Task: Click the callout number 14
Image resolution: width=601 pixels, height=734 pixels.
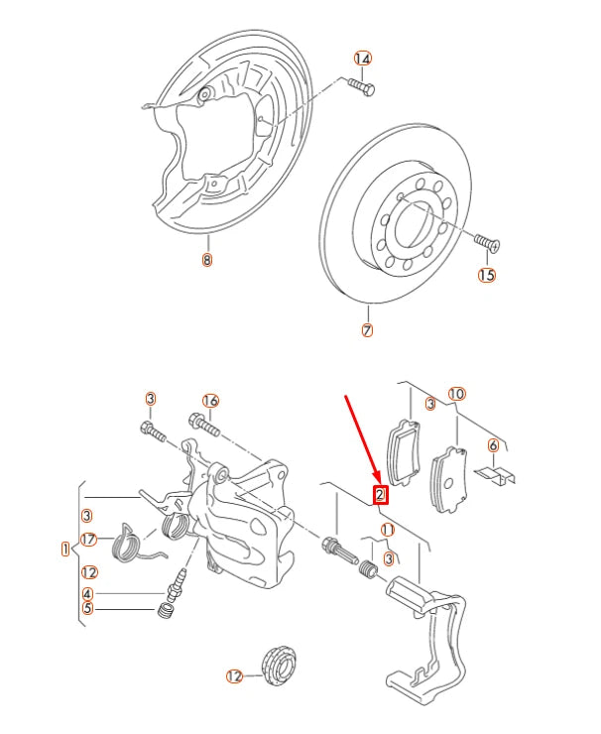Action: click(x=363, y=60)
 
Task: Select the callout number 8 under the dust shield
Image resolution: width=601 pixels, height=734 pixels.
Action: click(x=206, y=261)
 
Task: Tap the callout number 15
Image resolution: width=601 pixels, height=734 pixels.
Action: click(x=486, y=275)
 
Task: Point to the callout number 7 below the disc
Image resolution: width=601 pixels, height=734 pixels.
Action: click(x=367, y=330)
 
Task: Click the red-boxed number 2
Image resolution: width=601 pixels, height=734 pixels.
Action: click(x=380, y=495)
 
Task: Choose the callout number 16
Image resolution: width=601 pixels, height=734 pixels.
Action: click(x=209, y=400)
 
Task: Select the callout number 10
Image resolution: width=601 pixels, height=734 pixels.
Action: click(x=456, y=393)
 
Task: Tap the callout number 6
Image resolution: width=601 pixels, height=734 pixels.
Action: click(x=493, y=446)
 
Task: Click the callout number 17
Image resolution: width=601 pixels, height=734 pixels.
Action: click(x=89, y=540)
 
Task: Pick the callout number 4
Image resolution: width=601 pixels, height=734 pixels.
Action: click(x=89, y=594)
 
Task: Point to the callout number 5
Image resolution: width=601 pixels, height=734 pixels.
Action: click(x=89, y=609)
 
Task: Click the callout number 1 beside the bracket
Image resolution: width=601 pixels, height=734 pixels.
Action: click(x=65, y=549)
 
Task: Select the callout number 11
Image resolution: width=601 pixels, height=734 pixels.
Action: click(x=387, y=530)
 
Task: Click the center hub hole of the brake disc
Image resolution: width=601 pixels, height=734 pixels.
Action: click(x=414, y=221)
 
